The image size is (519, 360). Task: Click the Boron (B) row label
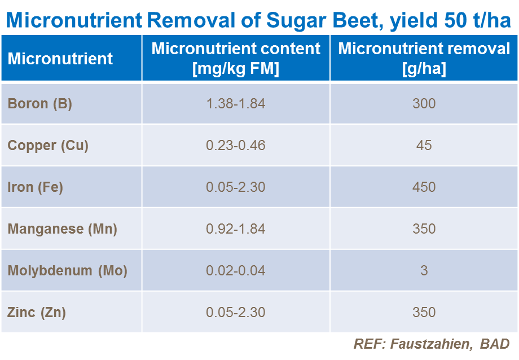click(x=39, y=104)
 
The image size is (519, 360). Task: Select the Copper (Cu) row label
click(x=48, y=146)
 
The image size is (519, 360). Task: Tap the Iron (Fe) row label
click(x=35, y=187)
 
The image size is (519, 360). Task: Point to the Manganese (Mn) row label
click(x=62, y=229)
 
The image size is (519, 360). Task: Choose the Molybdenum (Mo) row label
click(x=68, y=271)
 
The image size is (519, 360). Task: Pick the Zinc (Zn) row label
click(x=37, y=312)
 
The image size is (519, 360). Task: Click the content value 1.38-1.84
click(x=236, y=104)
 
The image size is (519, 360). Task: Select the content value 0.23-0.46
click(x=236, y=146)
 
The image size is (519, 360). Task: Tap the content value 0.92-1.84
click(x=236, y=229)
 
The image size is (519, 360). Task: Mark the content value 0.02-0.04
click(x=236, y=271)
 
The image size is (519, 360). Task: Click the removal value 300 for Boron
click(x=424, y=104)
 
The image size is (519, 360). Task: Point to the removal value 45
click(x=424, y=146)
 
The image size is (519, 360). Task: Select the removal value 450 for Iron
click(x=424, y=187)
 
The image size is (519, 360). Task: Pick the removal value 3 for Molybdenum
click(x=424, y=271)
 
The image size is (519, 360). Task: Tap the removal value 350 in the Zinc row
click(x=424, y=312)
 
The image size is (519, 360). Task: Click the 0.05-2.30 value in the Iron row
click(x=236, y=187)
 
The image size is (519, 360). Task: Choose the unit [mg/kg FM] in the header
click(x=236, y=69)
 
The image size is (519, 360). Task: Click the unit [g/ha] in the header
click(x=424, y=69)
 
